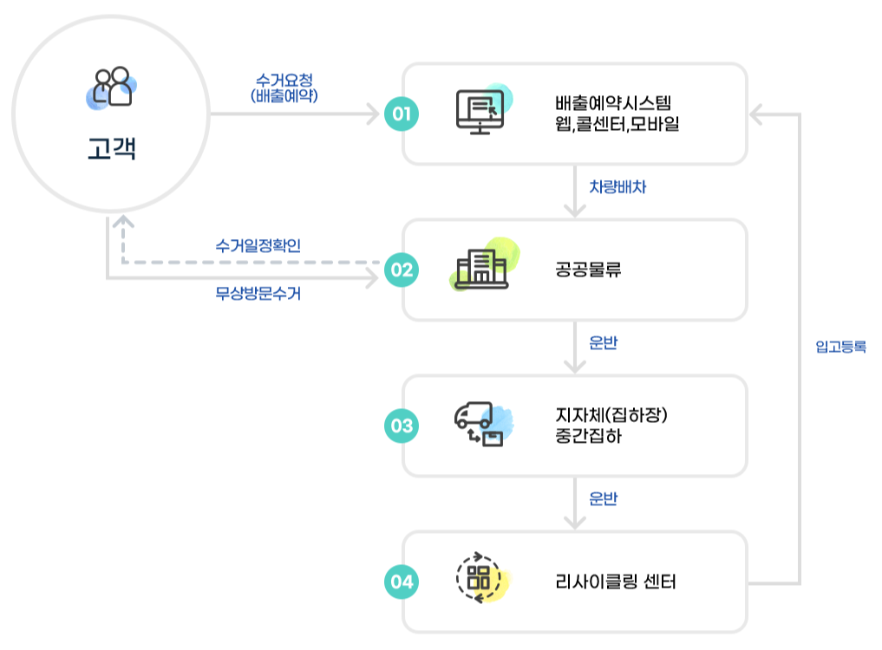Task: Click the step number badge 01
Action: coord(402,114)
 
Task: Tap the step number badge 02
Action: coord(402,270)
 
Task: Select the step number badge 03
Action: coord(402,426)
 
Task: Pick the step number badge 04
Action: coord(402,582)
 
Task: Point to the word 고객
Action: coord(112,148)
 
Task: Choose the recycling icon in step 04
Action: coord(478,577)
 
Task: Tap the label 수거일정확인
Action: coord(258,245)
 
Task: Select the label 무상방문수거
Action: coord(258,294)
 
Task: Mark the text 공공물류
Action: coord(589,270)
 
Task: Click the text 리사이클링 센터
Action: coord(615,582)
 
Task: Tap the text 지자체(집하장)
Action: coord(612,416)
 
